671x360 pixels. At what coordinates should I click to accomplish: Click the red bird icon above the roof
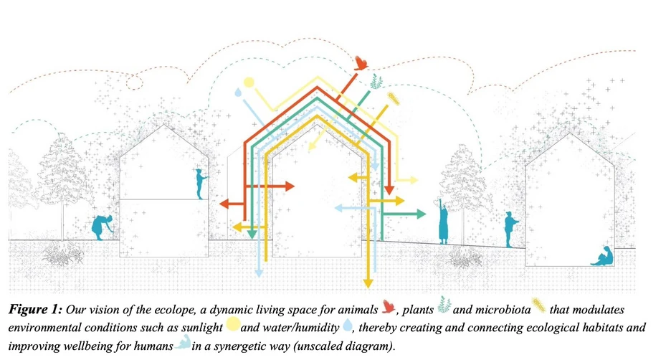click(x=363, y=64)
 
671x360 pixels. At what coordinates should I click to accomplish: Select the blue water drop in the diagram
click(x=237, y=93)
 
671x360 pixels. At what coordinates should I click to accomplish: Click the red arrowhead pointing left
click(x=224, y=204)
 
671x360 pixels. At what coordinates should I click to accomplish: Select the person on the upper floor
click(x=201, y=183)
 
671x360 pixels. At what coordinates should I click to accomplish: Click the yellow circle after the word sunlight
click(x=232, y=326)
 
